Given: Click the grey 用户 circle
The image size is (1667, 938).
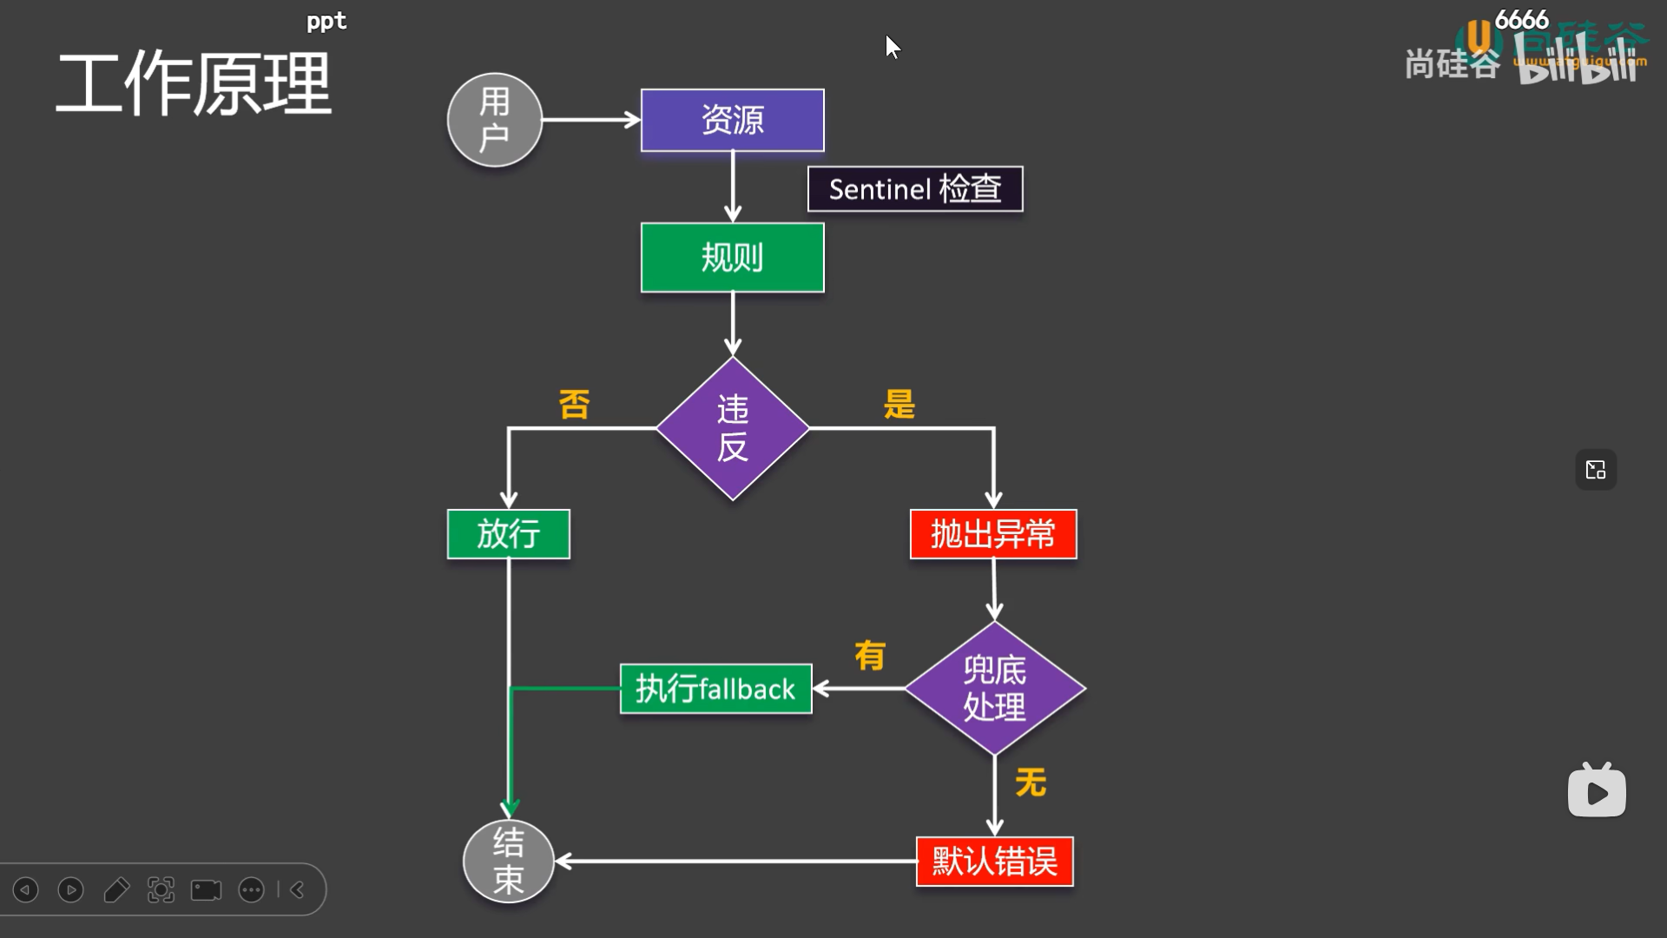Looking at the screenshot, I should pos(494,120).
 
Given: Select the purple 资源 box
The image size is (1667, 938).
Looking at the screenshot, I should pos(732,120).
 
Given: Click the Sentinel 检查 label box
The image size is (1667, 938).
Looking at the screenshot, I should pos(915,188).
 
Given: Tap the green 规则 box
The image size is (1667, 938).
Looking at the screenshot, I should pos(732,257).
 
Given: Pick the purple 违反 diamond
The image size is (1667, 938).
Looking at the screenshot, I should pos(732,428).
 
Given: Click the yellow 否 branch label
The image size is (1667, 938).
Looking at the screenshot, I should pos(574,404).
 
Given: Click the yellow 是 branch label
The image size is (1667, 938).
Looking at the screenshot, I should pos(899,404).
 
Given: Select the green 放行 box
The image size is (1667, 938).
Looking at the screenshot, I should pos(508,533).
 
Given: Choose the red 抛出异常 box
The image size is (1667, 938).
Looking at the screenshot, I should pos(992,533).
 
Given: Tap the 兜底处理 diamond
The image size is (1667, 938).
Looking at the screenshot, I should pos(994,688).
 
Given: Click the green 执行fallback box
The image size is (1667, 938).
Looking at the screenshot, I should pos(715,689).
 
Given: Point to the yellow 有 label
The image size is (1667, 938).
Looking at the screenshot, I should pos(869,656).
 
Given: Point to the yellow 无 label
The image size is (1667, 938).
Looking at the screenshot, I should pos(1030,783).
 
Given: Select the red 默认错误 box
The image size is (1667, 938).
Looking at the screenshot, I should pos(994,861).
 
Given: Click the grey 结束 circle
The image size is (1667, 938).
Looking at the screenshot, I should pos(508,861).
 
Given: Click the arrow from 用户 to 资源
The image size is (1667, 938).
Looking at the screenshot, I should pos(590,120).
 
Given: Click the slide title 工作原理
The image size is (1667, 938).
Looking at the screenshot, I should pos(193,84).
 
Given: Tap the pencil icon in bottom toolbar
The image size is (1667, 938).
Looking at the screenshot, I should pos(115,890).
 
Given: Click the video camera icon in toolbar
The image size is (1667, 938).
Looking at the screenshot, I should pos(206,890).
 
